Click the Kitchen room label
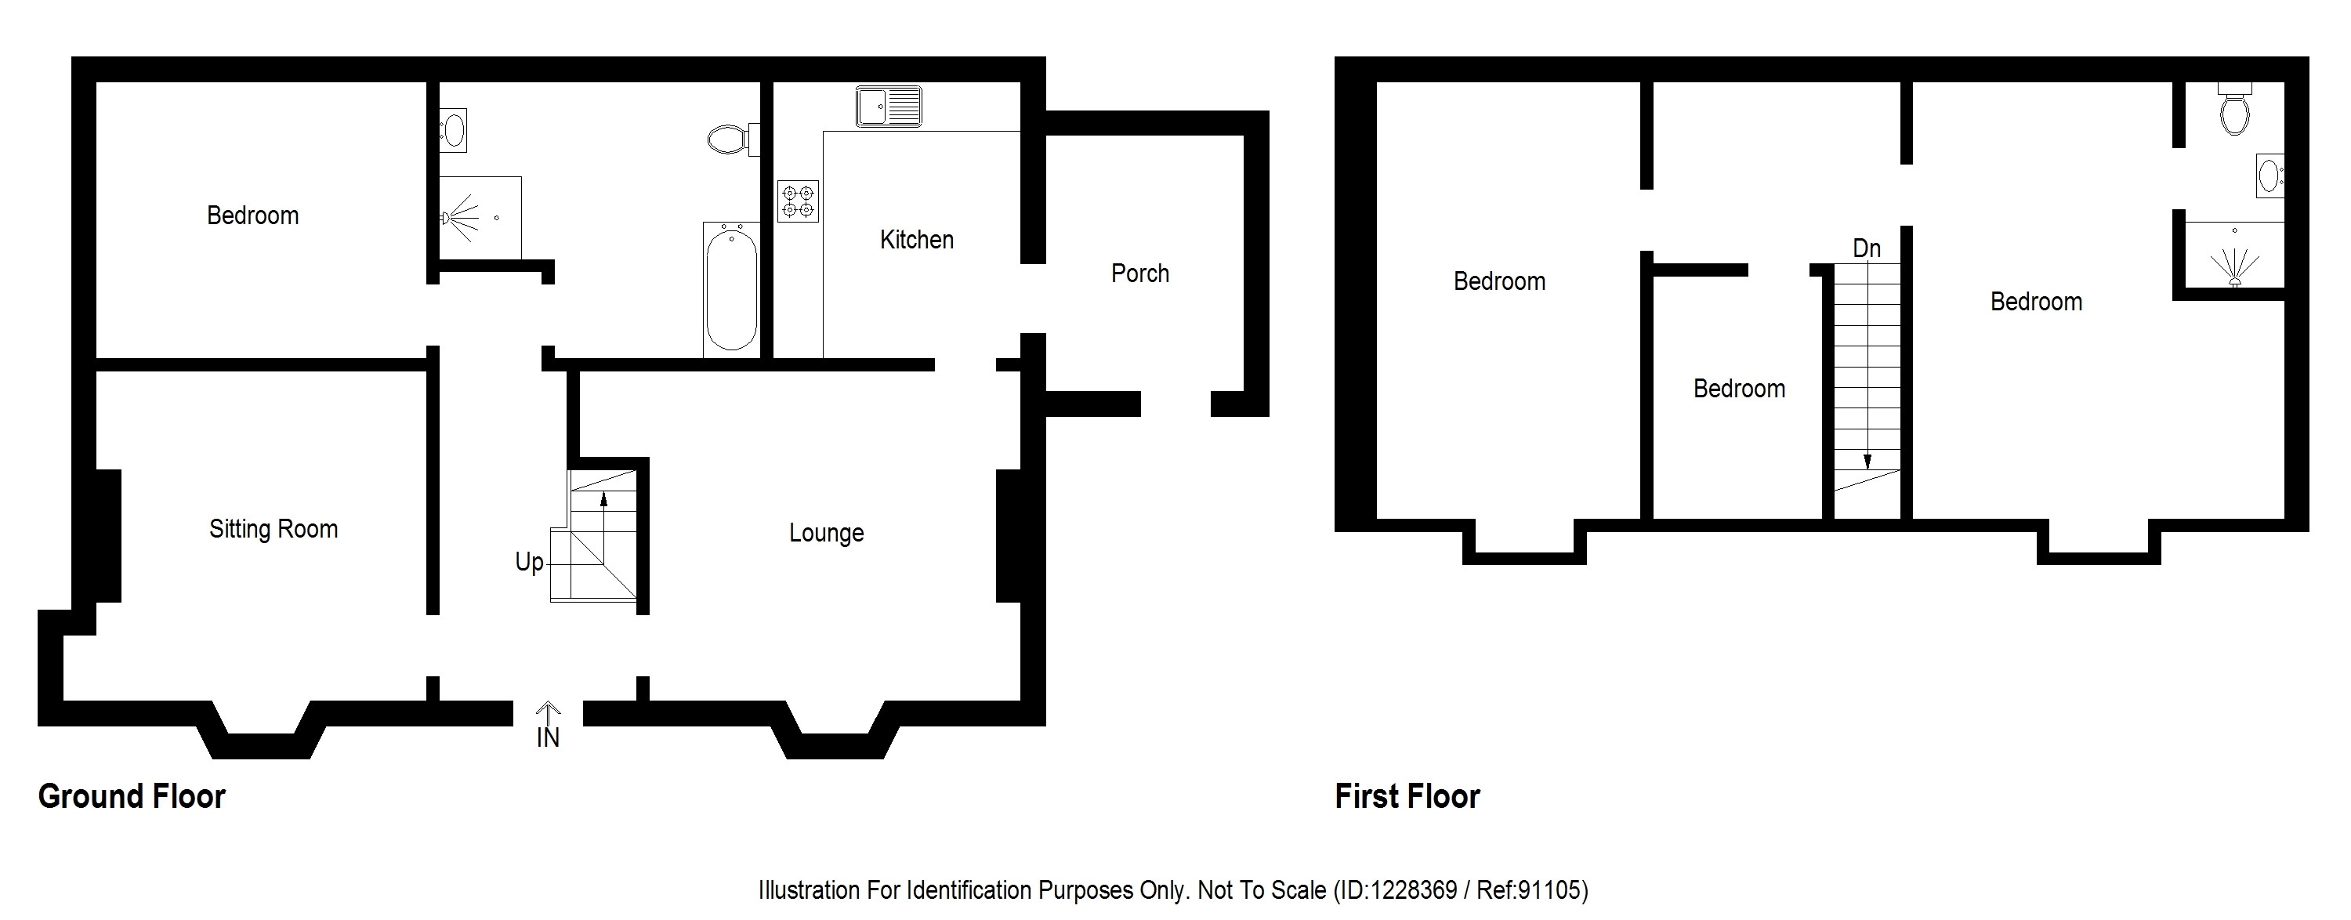pyautogui.click(x=916, y=240)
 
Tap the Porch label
pyautogui.click(x=1140, y=273)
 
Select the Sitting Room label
pyautogui.click(x=273, y=530)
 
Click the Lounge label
pyautogui.click(x=826, y=533)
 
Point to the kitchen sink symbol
pyautogui.click(x=888, y=106)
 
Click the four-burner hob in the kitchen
pyautogui.click(x=798, y=201)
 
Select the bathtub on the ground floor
pyautogui.click(x=731, y=288)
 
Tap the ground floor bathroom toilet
pyautogui.click(x=731, y=139)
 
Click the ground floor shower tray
pyautogui.click(x=480, y=218)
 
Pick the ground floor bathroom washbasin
pyautogui.click(x=453, y=129)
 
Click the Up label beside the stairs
pyautogui.click(x=529, y=562)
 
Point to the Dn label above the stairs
pyautogui.click(x=1867, y=248)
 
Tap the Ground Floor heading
pyautogui.click(x=132, y=797)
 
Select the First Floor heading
pyautogui.click(x=1407, y=797)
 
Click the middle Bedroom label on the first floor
pyautogui.click(x=1739, y=389)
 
